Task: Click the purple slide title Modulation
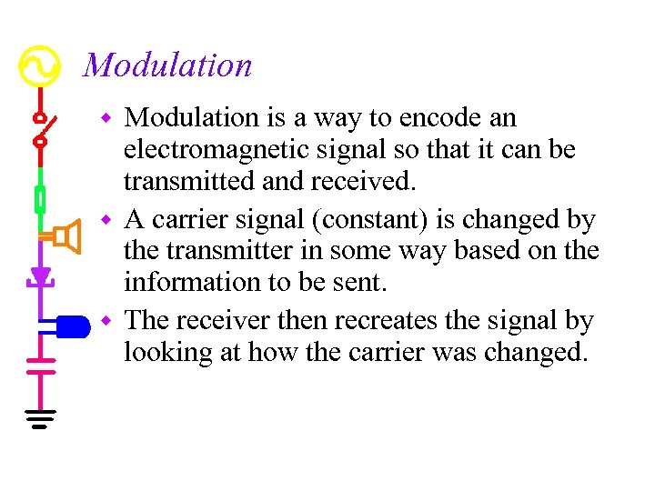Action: tap(167, 65)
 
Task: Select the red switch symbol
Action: tap(40, 129)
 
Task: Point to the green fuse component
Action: tap(40, 197)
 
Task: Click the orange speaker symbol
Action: tap(62, 237)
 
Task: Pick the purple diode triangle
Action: tap(40, 276)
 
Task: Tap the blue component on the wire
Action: tap(69, 325)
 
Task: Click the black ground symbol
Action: tap(40, 419)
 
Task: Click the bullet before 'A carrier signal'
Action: tap(106, 221)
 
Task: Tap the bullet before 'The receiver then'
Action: tap(106, 322)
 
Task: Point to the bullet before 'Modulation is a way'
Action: tap(106, 119)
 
